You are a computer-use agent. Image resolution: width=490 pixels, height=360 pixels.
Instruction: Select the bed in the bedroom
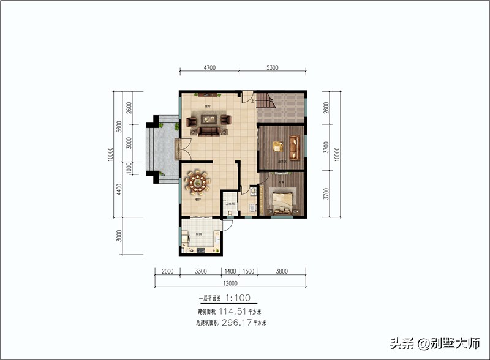tap(283, 200)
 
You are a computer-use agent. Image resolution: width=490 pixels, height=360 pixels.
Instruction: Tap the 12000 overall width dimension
tap(230, 283)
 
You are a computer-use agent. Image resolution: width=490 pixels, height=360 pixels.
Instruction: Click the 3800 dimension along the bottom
tap(282, 271)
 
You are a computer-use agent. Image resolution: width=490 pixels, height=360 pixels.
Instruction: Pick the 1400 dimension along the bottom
tap(230, 271)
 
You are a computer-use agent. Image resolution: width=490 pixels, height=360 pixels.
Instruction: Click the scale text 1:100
tap(241, 299)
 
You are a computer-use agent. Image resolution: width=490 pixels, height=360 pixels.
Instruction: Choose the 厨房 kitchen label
tap(199, 234)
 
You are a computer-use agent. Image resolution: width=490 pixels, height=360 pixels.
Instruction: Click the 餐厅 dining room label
tap(198, 200)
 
